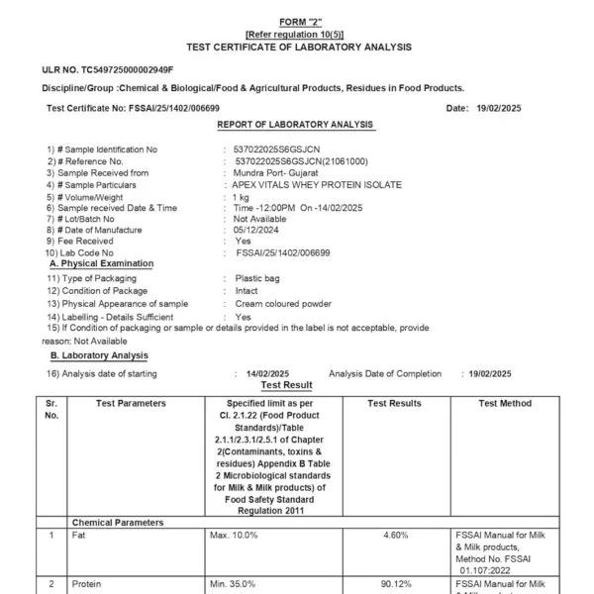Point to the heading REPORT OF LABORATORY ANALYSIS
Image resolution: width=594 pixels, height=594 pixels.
(295, 125)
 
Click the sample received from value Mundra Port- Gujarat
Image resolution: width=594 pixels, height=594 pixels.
(282, 172)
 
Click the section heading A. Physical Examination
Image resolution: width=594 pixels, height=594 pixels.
(101, 263)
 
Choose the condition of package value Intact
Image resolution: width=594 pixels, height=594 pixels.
(246, 293)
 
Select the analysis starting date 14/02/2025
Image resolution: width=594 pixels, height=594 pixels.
(265, 373)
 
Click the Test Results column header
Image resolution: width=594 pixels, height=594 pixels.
(394, 404)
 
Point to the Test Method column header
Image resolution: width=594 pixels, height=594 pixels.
(505, 404)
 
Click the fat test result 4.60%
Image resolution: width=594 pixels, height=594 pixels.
(394, 536)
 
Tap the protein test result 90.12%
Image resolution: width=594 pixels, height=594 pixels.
(394, 584)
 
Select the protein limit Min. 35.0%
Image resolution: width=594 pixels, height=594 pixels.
(234, 584)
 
